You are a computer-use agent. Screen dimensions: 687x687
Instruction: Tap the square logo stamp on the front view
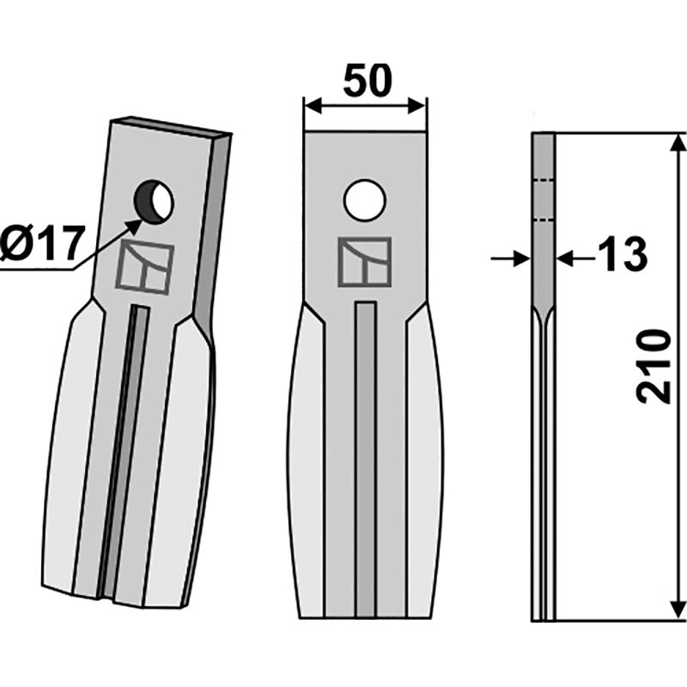coord(364,262)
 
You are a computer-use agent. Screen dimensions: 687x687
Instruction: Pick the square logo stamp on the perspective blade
coord(145,267)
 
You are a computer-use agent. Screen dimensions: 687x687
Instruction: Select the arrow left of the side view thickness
coord(521,257)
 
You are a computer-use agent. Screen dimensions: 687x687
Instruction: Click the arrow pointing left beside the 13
coord(567,257)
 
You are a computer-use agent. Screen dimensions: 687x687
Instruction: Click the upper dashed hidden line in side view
coord(544,180)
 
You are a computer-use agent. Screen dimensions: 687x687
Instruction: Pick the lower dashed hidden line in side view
coord(544,220)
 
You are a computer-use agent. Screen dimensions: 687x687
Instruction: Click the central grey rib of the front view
coord(366,455)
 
